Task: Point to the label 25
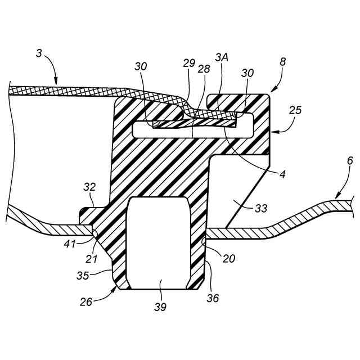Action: coord(296,111)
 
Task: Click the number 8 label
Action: coord(282,62)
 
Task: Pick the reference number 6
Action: coord(350,161)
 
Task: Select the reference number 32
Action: coord(89,187)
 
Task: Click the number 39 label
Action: coord(161,307)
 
